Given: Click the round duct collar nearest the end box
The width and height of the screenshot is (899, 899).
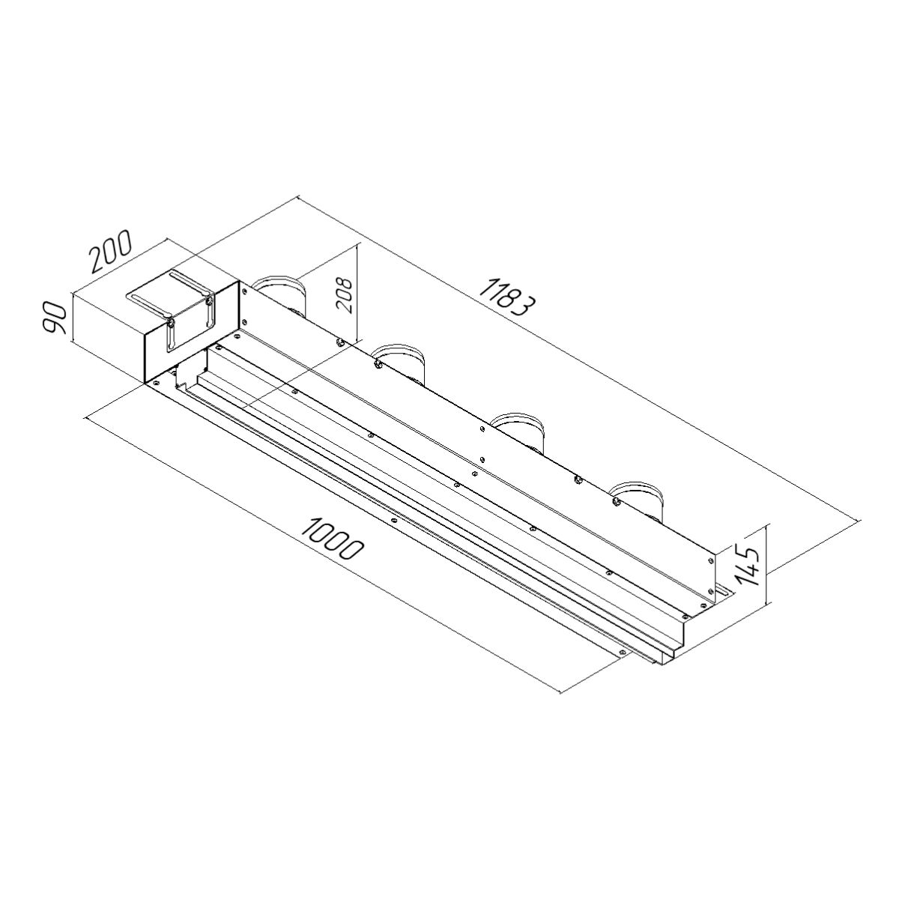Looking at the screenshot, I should coord(279,288).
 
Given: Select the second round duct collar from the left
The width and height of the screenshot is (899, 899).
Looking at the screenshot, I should coord(400,357).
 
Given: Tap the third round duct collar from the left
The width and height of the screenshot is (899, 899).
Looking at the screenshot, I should coord(519,425).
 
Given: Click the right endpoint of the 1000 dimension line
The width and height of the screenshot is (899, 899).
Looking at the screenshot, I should coord(561,692).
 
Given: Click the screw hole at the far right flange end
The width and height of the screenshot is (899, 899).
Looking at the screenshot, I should coord(623,653).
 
